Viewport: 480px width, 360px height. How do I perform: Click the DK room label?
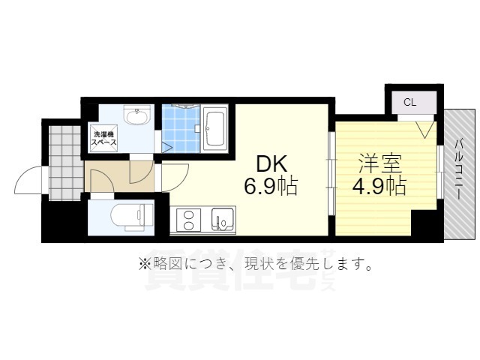tap(271, 163)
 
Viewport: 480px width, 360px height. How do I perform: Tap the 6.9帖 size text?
tap(271, 186)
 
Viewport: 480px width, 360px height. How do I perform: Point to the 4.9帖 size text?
tap(379, 186)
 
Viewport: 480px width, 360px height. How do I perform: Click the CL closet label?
tap(410, 102)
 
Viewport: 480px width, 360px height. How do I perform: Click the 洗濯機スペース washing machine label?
tap(104, 138)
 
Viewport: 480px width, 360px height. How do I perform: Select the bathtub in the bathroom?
tap(215, 128)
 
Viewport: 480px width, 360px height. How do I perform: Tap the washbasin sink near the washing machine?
tap(136, 115)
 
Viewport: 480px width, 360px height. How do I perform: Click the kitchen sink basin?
tap(223, 220)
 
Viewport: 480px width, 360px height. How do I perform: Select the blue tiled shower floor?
tap(181, 128)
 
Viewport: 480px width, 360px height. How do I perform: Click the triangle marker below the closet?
tap(426, 129)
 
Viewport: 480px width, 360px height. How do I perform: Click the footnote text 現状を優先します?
tap(308, 263)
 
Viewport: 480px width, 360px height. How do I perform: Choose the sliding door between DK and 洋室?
tap(331, 173)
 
